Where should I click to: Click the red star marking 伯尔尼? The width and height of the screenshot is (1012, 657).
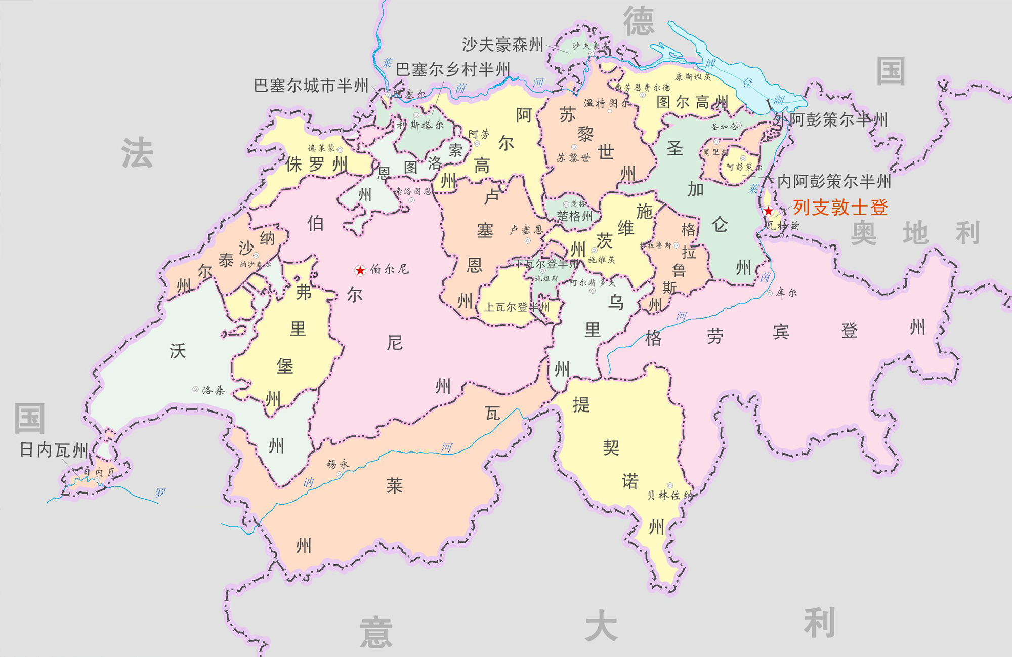point(360,271)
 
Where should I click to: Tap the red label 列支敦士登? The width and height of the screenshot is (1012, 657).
point(840,208)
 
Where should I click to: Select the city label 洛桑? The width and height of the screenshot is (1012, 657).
point(213,390)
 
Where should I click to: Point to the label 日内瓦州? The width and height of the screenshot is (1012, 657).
point(54,449)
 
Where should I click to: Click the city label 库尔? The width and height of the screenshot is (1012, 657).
point(786,293)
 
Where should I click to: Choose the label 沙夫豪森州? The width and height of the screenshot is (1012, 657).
point(502,45)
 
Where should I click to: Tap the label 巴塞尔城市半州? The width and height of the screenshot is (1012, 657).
point(311,86)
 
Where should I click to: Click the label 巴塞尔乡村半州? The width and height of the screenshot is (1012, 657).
point(452,69)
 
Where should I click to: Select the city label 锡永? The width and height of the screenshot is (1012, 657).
point(338,464)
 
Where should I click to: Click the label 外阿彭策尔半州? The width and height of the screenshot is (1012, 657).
point(831,120)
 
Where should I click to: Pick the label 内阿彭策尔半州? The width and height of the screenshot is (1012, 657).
point(834,181)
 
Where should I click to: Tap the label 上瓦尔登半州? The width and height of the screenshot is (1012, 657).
point(517,307)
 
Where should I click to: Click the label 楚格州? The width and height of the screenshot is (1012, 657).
point(574,216)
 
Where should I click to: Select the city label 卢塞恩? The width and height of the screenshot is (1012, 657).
point(526,230)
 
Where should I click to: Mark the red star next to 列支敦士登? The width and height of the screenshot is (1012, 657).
point(768,211)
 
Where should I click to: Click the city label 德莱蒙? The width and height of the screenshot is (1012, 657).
point(321,148)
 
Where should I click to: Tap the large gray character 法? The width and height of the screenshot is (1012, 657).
point(137,153)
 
